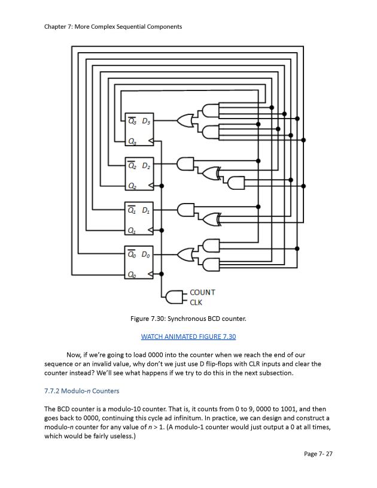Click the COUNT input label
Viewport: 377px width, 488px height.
click(x=202, y=292)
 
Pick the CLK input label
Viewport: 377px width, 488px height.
click(x=196, y=302)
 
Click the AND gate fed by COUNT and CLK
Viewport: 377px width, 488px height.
click(x=175, y=297)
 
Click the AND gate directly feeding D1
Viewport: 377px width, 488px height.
click(x=186, y=210)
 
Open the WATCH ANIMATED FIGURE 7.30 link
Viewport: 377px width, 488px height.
click(x=188, y=337)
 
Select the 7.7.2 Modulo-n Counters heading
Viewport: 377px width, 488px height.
click(x=81, y=391)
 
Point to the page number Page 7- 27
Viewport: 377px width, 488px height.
click(x=318, y=454)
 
